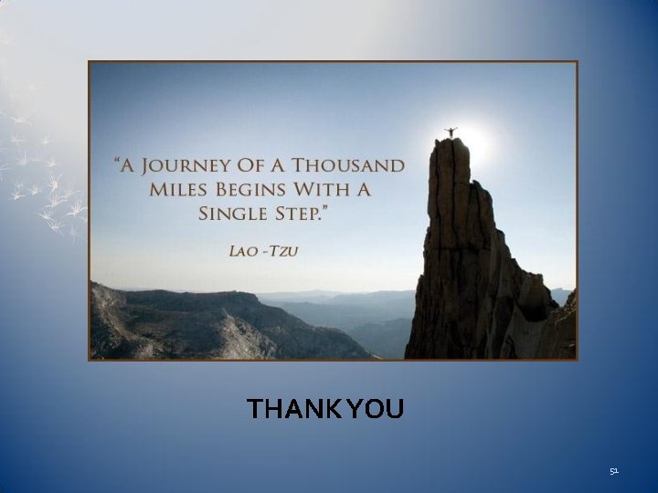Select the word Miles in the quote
pos(179,191)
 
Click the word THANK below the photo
pos(292,409)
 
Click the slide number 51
pos(614,471)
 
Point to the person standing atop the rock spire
pos(449,133)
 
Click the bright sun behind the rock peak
pos(473,142)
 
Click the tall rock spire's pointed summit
pos(450,142)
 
